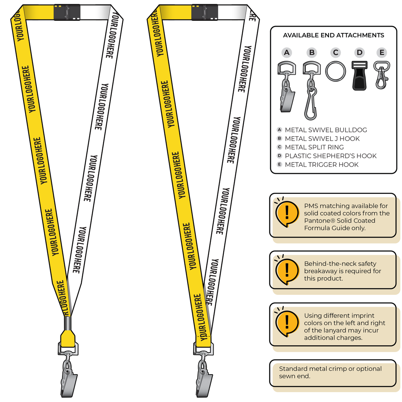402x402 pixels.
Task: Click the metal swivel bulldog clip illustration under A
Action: tap(286, 87)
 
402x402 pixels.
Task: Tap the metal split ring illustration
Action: tap(336, 71)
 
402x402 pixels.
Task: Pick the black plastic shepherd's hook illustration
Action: tap(360, 76)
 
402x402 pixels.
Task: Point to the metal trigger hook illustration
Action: tap(382, 75)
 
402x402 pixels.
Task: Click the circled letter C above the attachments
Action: tap(336, 53)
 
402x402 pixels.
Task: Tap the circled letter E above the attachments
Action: tap(382, 53)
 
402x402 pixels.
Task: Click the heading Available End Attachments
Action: tap(334, 35)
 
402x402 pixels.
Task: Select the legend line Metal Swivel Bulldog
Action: tap(326, 130)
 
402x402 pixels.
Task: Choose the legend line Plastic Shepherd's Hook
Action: tap(331, 156)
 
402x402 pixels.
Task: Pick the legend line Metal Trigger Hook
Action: tap(322, 164)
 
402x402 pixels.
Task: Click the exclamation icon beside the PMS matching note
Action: tap(287, 212)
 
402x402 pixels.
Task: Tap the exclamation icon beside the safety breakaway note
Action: tap(287, 270)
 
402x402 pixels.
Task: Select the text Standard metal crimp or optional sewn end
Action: tap(330, 372)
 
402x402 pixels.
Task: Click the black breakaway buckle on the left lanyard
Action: tap(67, 12)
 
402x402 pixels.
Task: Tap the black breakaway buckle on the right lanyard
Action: tap(205, 12)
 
